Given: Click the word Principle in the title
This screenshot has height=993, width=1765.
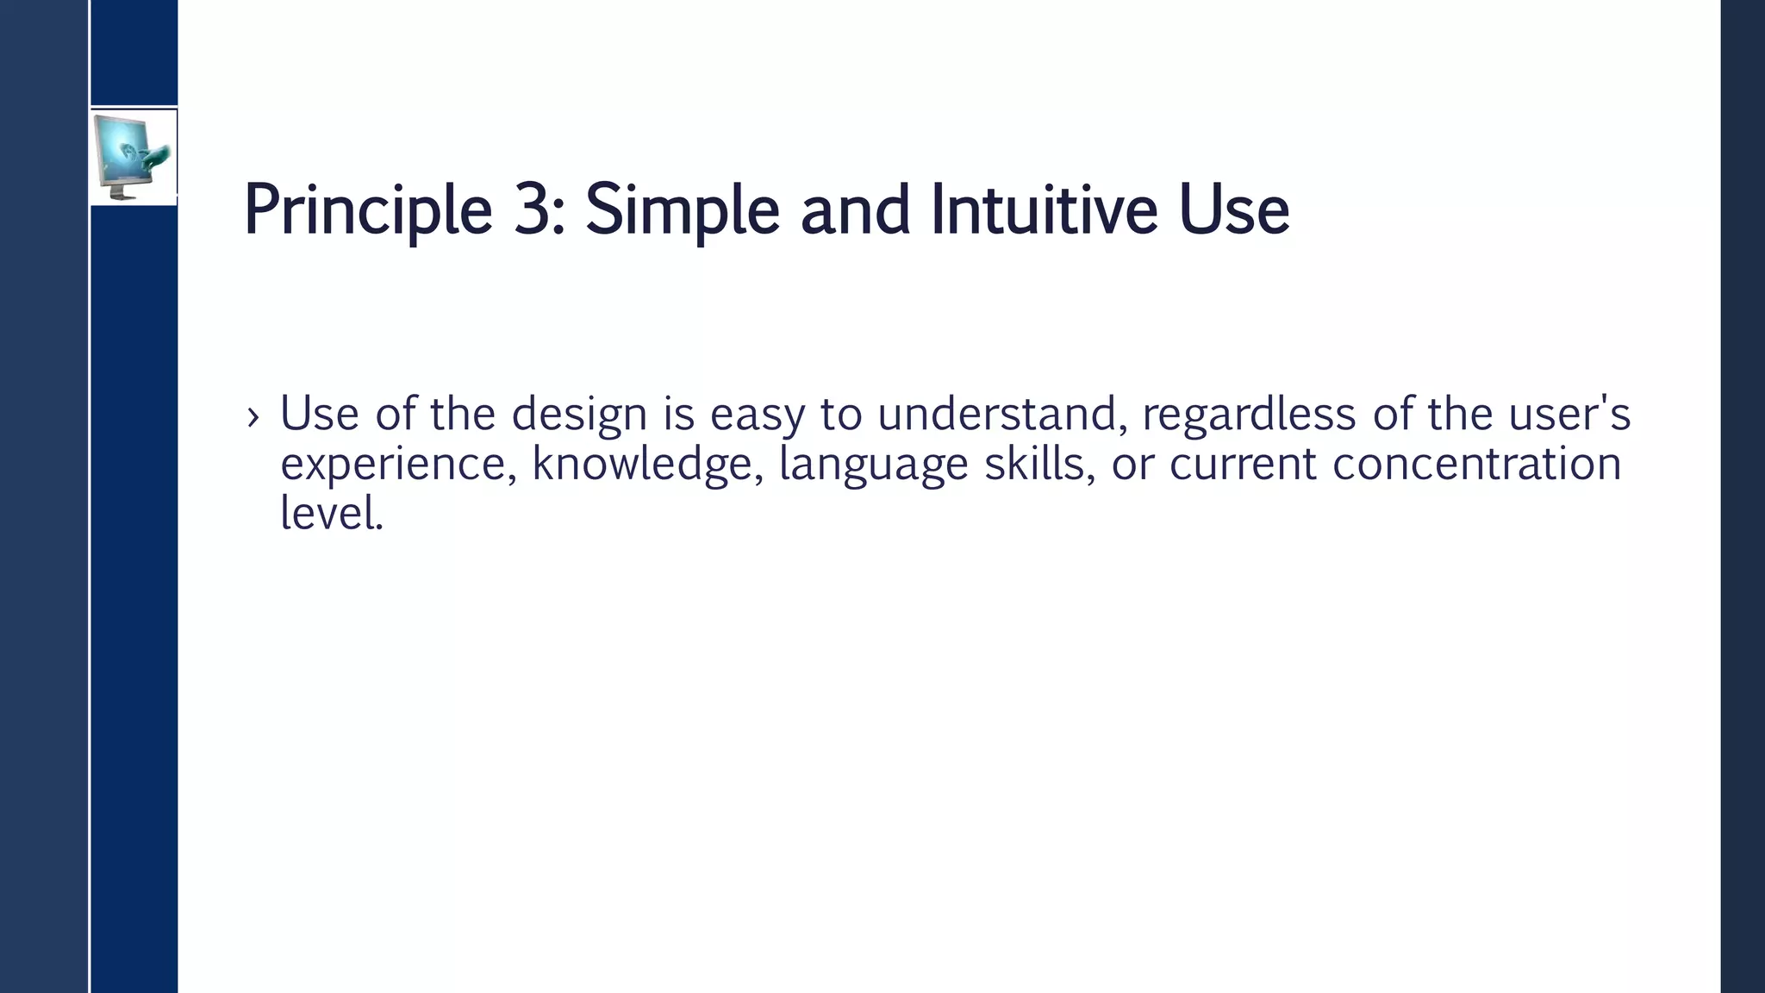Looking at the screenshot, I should point(368,209).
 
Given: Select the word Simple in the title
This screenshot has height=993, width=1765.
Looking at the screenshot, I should point(682,209).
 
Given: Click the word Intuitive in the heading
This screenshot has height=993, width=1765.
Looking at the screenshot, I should point(1044,209).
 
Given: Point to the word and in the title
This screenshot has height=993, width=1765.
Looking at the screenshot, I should point(855,209).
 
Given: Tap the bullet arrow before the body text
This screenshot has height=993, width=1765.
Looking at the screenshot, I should point(253,417).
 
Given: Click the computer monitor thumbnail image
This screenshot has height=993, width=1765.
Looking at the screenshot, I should point(133,157).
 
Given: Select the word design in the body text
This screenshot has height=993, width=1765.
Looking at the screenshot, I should point(579,415).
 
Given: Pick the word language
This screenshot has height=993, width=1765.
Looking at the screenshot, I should point(873,465).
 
